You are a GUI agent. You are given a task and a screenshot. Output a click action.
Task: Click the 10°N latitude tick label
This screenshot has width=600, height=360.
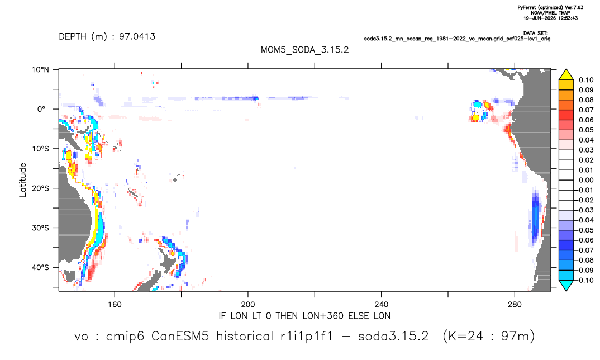(x=40, y=70)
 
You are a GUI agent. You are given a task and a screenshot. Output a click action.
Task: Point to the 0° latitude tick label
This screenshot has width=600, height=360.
(x=42, y=109)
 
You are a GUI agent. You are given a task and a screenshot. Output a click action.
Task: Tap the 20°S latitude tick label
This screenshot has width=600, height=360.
(x=40, y=188)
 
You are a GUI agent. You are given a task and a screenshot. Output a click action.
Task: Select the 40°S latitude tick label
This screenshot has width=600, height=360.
(x=40, y=267)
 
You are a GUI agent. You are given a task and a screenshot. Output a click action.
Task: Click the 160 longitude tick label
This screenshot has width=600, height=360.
(x=115, y=305)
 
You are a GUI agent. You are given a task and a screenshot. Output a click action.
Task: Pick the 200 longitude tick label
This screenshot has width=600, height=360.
(x=248, y=305)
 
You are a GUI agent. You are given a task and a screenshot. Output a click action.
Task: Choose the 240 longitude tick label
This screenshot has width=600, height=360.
(x=382, y=305)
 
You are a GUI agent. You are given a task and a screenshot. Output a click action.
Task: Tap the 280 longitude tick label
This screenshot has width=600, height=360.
(x=515, y=305)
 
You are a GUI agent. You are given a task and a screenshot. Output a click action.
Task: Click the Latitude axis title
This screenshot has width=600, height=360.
(x=23, y=180)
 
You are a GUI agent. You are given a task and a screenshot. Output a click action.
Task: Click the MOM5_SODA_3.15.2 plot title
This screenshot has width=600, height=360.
(x=305, y=50)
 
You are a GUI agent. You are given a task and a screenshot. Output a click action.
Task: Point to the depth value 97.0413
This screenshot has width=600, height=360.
(x=137, y=37)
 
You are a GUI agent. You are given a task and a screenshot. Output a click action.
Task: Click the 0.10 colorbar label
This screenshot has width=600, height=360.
(x=586, y=80)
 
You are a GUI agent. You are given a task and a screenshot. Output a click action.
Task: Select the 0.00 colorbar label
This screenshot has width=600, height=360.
(x=586, y=180)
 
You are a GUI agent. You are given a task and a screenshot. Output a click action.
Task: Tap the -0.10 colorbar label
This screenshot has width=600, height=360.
(x=584, y=280)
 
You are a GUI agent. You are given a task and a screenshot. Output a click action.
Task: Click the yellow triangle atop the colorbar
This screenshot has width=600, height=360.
(x=566, y=75)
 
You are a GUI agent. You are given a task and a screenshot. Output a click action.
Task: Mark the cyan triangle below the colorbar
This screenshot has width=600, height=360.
(x=566, y=285)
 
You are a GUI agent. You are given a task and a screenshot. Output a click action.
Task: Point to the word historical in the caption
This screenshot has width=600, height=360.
(x=245, y=337)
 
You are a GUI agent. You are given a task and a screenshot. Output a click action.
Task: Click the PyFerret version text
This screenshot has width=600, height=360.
(x=550, y=8)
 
